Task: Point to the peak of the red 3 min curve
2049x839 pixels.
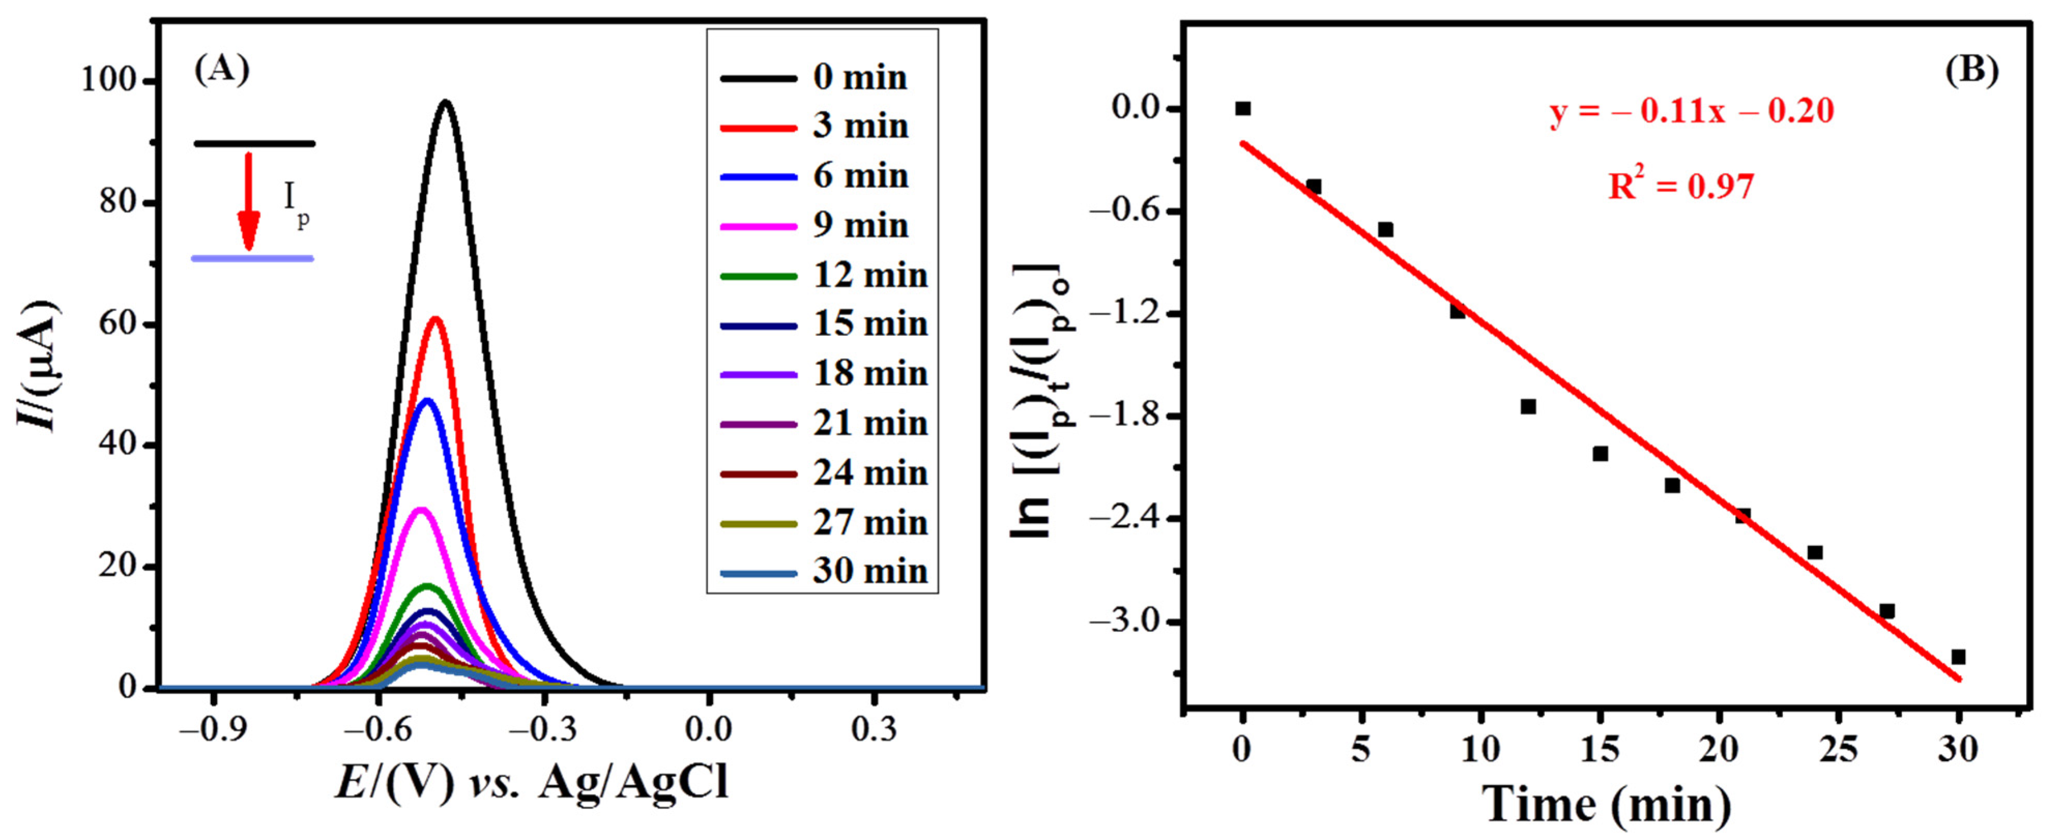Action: (x=435, y=318)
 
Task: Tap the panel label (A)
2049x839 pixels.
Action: (x=222, y=70)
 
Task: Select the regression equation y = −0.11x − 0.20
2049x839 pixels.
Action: (x=1692, y=111)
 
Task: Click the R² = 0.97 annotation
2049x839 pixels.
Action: (x=1681, y=187)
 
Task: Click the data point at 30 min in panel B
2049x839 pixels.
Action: (x=1958, y=657)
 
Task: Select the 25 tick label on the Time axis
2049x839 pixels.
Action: (x=1838, y=749)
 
